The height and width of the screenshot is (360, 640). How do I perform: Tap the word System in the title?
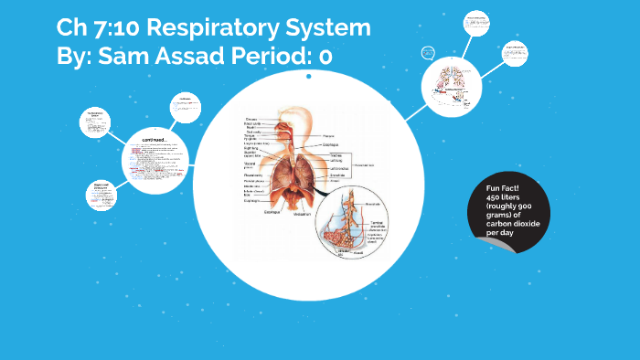point(327,28)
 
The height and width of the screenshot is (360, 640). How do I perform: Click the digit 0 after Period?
point(325,57)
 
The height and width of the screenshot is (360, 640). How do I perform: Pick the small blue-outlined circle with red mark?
point(427,52)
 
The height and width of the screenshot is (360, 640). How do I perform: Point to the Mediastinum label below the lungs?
point(301,214)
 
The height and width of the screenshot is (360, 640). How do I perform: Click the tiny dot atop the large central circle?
point(309,78)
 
